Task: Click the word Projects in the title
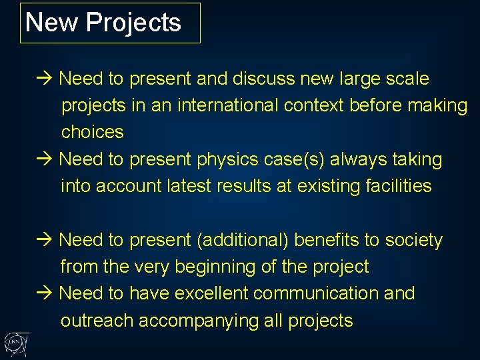[133, 23]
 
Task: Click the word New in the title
[52, 23]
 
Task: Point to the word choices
[93, 132]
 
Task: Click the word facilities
[399, 186]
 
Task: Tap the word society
[415, 240]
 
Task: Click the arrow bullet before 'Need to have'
[44, 293]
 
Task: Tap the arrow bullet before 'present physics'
[44, 160]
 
